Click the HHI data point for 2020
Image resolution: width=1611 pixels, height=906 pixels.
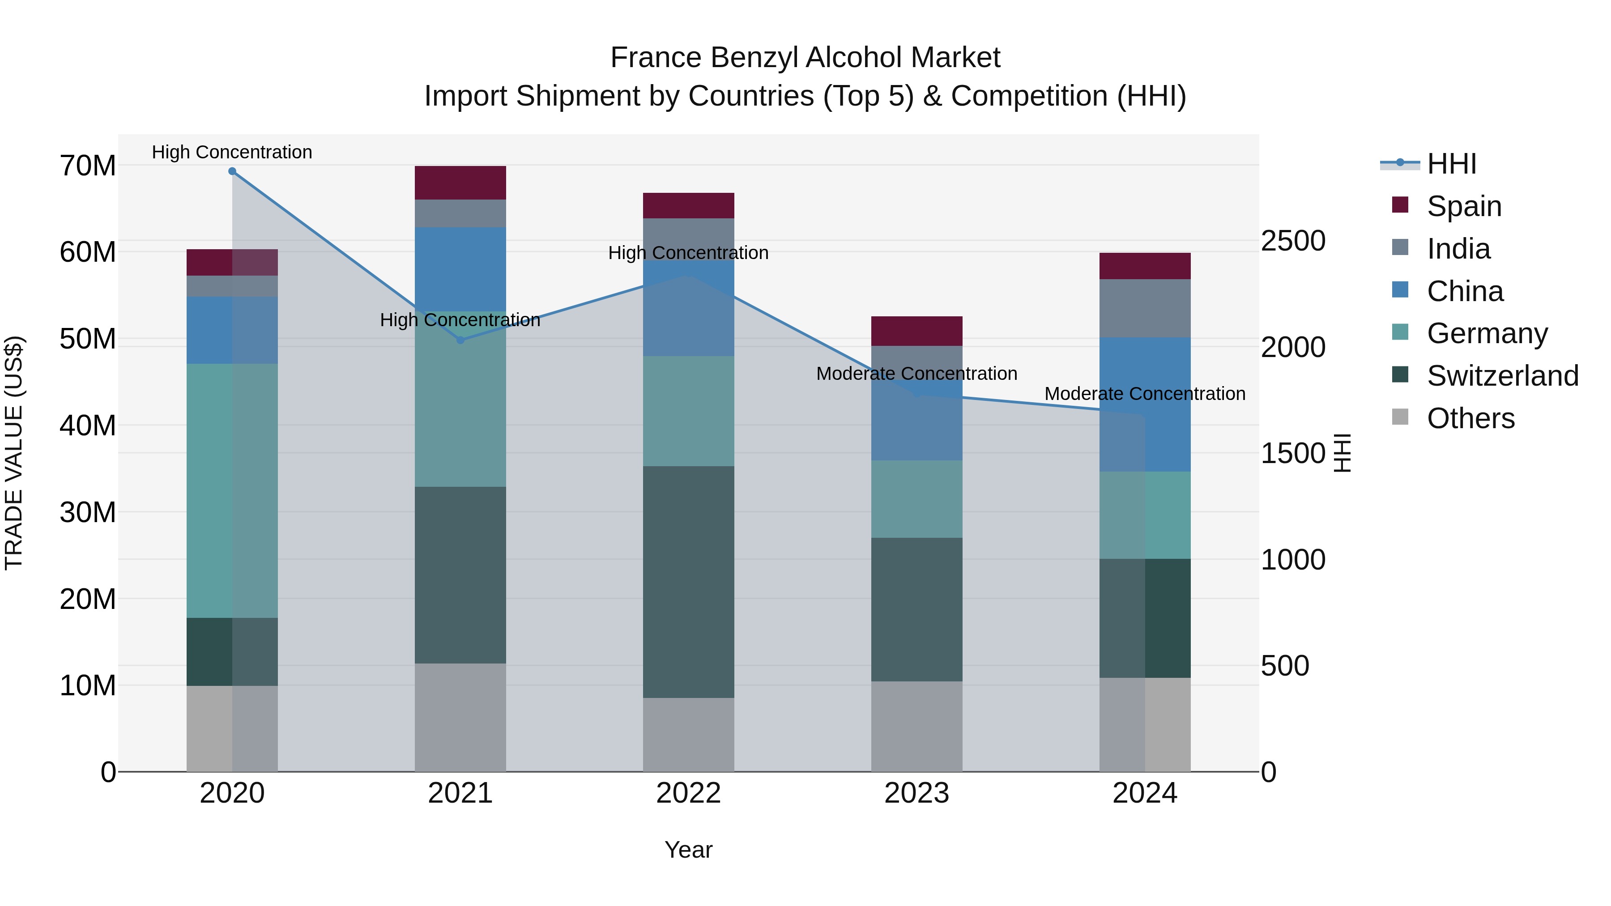click(232, 171)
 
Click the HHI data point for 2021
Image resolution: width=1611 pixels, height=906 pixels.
click(460, 340)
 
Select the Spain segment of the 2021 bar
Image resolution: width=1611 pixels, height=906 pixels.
click(460, 183)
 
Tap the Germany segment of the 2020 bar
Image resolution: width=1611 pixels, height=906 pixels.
click(232, 491)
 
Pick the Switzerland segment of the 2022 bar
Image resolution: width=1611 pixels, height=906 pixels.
click(689, 582)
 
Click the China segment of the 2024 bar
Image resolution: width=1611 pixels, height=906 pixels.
click(1145, 404)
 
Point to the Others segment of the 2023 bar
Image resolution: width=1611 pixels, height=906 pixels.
click(917, 726)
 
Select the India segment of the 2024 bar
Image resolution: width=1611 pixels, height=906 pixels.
click(1145, 308)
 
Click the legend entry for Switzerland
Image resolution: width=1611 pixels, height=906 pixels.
click(1502, 376)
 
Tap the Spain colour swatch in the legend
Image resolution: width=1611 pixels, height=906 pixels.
click(1400, 205)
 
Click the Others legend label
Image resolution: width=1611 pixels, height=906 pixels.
click(1471, 418)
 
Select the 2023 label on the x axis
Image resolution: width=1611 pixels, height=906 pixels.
click(917, 793)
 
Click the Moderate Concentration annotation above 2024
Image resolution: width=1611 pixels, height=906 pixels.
click(1145, 394)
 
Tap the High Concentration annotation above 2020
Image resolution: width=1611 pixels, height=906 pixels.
click(232, 152)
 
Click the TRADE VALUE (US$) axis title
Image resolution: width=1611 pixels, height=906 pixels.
click(14, 453)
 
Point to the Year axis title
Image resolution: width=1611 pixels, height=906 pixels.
click(689, 850)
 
